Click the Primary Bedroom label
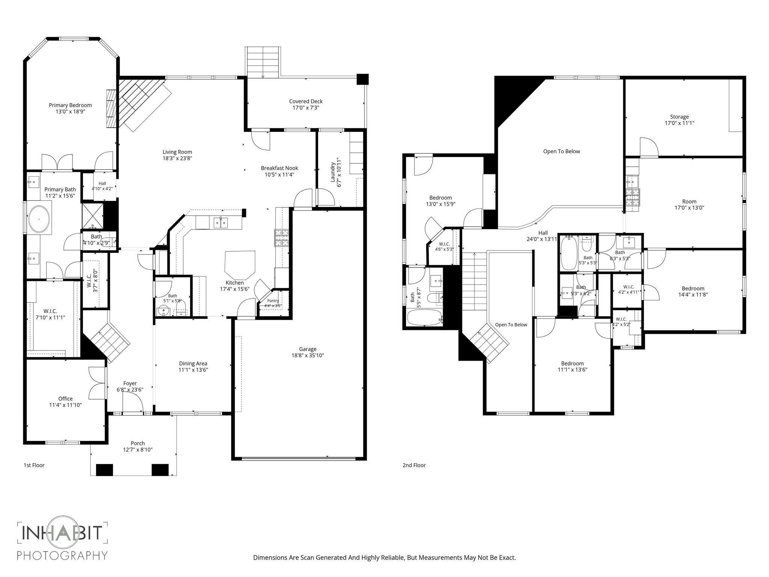(70, 105)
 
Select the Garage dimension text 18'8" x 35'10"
(308, 355)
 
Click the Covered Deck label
(306, 101)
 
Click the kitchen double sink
(221, 223)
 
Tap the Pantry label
(273, 301)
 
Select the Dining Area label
(193, 363)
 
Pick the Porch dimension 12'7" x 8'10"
(138, 450)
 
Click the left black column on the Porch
(104, 470)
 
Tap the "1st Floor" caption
(34, 465)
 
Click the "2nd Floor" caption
(414, 465)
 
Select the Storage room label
(679, 116)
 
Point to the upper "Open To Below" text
(561, 151)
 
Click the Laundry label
(333, 172)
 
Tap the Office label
(65, 399)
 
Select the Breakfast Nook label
(279, 168)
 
